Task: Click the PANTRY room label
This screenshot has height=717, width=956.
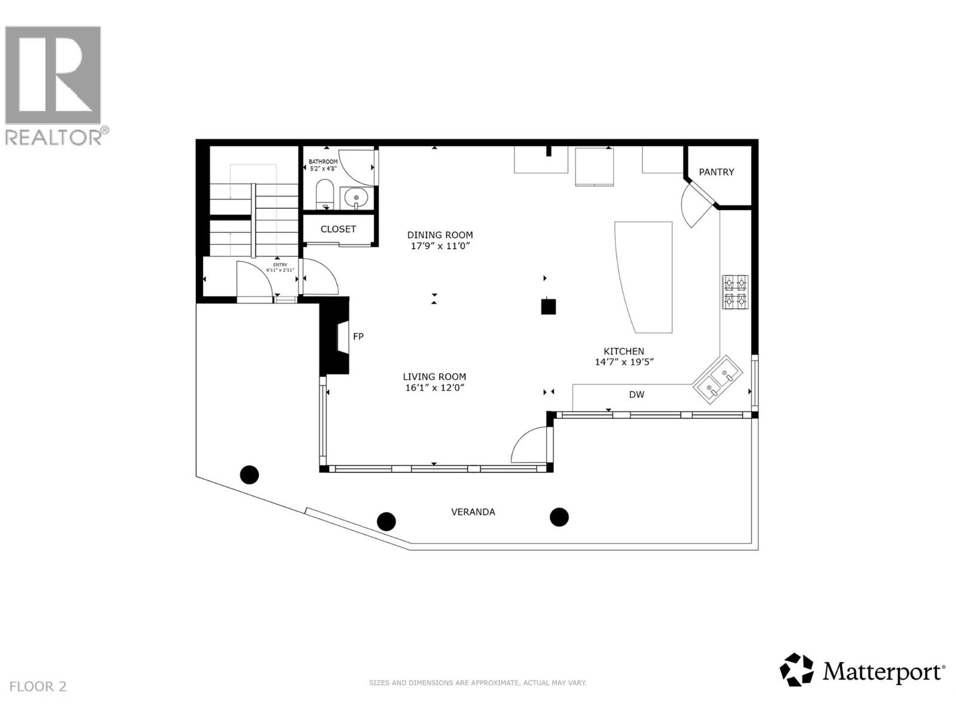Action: [716, 172]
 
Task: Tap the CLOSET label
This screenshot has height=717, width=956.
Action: [338, 229]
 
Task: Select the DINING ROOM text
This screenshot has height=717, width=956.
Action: [440, 235]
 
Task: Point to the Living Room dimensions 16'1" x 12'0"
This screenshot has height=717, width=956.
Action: [434, 388]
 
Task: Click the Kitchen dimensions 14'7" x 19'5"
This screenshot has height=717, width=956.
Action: [624, 362]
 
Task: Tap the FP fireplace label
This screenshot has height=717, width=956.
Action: [358, 336]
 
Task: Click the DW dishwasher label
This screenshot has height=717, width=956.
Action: [636, 394]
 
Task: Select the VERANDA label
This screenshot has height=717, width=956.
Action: [473, 512]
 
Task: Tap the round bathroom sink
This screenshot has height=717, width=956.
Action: [357, 197]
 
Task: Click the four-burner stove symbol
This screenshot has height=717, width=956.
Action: [735, 292]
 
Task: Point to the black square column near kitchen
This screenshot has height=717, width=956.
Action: [548, 307]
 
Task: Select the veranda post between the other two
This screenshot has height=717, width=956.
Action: [387, 521]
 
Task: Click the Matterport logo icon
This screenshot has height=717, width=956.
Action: [797, 670]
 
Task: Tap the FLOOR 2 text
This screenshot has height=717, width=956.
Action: [38, 687]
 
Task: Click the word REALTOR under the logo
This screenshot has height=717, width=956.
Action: [53, 137]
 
